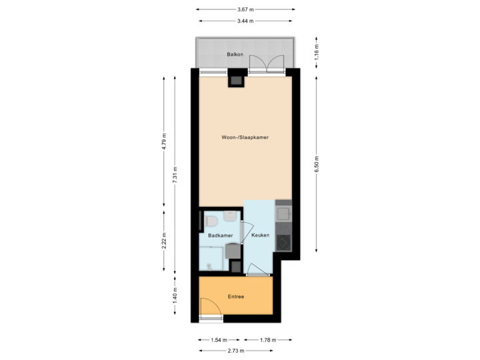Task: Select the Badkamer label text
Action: pyautogui.click(x=220, y=235)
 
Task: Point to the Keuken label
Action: pyautogui.click(x=260, y=235)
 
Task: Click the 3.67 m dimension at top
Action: pyautogui.click(x=245, y=9)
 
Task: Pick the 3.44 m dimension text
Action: pyautogui.click(x=245, y=21)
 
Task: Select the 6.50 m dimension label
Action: pyautogui.click(x=316, y=164)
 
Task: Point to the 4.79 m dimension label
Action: pyautogui.click(x=165, y=141)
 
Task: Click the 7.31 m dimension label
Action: pyautogui.click(x=175, y=175)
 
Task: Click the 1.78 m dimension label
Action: pyautogui.click(x=265, y=340)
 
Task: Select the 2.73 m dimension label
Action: pyautogui.click(x=236, y=351)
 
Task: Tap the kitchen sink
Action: pyautogui.click(x=283, y=214)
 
